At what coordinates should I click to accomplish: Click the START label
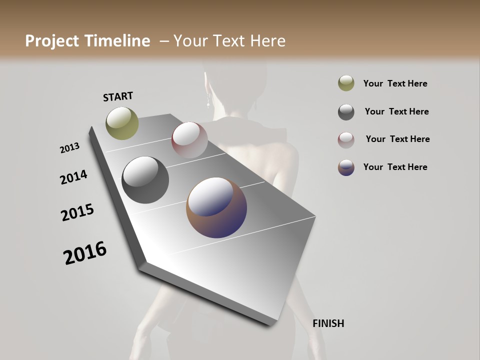(x=118, y=96)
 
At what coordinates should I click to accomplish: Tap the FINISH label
(x=328, y=323)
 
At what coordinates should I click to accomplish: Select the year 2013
(x=69, y=148)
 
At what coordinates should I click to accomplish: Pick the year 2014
(x=73, y=177)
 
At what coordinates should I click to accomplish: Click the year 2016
(x=85, y=252)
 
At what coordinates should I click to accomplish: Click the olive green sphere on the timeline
(x=122, y=123)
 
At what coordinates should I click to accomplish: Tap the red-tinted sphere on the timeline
(x=189, y=140)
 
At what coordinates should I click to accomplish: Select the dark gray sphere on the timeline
(x=145, y=180)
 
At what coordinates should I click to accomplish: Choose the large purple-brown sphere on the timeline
(x=216, y=207)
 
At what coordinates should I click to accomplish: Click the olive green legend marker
(x=346, y=83)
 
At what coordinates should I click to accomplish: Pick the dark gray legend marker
(x=346, y=112)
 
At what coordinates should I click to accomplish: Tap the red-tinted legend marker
(x=346, y=140)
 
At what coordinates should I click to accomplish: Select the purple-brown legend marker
(x=346, y=167)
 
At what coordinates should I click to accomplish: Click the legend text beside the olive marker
(x=395, y=83)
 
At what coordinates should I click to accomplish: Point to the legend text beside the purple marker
(x=395, y=167)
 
